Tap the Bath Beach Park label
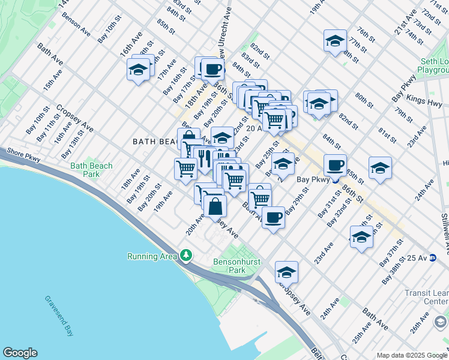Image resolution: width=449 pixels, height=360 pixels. click(x=85, y=170)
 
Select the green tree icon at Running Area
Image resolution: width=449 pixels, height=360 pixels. click(x=187, y=256)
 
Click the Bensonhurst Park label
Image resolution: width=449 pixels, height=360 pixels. click(x=230, y=266)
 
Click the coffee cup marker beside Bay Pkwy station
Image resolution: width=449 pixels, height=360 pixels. click(x=335, y=164)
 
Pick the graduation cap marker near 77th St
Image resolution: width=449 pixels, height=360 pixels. click(x=335, y=41)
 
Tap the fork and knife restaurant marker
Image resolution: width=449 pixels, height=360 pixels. click(x=204, y=158)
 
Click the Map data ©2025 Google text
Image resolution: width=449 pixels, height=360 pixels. click(x=411, y=355)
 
